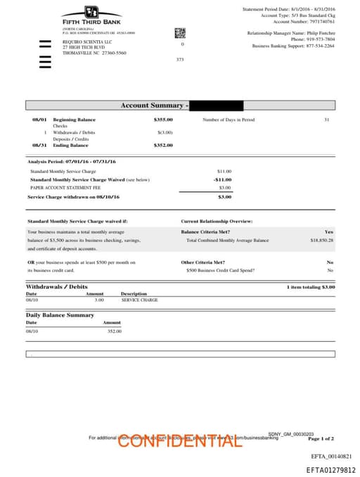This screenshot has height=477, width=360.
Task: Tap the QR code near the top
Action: point(180,32)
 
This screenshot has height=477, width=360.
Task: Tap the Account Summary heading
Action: point(152,106)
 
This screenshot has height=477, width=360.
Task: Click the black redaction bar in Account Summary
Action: point(217,106)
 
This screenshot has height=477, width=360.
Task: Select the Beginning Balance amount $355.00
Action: point(163,120)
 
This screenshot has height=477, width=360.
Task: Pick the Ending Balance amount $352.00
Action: point(163,145)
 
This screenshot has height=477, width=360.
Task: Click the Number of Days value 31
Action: point(326,120)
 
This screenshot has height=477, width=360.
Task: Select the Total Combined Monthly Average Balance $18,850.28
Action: point(321,240)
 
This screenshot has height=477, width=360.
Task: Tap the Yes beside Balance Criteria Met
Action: point(329,231)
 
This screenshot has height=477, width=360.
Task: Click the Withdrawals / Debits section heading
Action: point(57,287)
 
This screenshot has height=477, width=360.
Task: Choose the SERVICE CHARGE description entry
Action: point(139,300)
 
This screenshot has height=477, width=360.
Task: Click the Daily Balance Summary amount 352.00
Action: point(114,331)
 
